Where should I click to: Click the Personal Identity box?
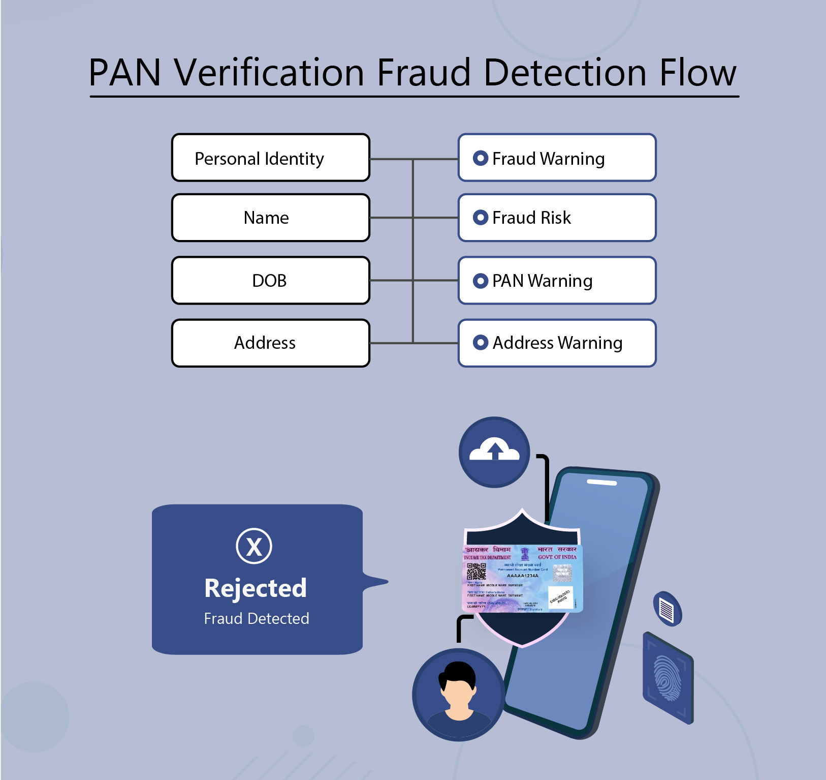click(271, 158)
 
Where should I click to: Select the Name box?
click(271, 218)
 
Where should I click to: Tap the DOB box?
click(271, 281)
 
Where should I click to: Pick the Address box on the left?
click(271, 343)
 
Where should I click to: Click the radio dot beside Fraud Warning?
click(480, 158)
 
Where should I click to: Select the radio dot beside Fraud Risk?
click(480, 218)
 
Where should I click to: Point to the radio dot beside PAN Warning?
click(480, 281)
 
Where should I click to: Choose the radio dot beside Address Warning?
click(480, 343)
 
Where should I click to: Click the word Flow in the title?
click(697, 73)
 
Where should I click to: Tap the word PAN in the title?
click(125, 73)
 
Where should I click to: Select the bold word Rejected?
click(256, 588)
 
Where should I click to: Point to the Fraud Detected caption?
click(257, 619)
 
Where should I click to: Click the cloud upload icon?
click(494, 451)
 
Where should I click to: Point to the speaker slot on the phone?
click(601, 482)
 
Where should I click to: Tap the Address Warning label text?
click(557, 343)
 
